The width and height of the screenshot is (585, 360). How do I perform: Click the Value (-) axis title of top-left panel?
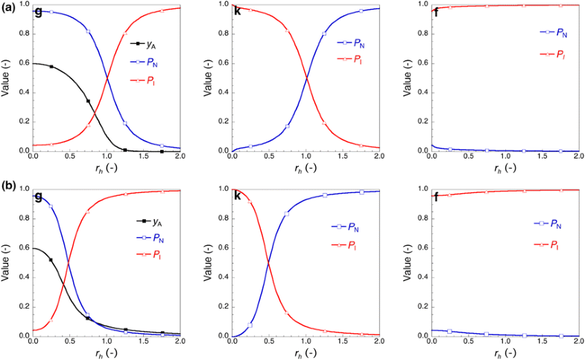[x=6, y=78]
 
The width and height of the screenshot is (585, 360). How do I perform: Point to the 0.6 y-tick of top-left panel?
[x=23, y=63]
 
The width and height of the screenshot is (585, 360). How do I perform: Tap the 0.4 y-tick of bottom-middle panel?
[x=222, y=277]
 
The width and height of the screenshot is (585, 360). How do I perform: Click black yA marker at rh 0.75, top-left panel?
[x=88, y=101]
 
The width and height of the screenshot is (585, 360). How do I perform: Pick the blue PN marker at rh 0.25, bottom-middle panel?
[x=250, y=325]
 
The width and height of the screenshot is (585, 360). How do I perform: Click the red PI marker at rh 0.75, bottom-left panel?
[x=88, y=212]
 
